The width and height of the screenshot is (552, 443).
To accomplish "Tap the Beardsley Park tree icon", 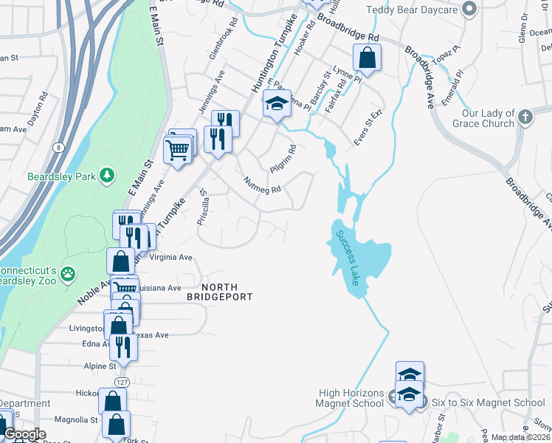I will point(108,174).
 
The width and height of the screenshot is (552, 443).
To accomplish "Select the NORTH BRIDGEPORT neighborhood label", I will point(219,291).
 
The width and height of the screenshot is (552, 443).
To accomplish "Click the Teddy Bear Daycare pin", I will point(467,10).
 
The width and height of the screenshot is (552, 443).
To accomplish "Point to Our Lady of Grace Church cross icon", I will point(525,117).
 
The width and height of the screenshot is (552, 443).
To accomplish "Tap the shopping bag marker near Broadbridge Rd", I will point(367,56).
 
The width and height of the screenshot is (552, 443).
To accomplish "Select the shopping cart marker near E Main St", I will point(177,151).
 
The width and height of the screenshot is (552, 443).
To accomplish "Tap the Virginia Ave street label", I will point(170,258).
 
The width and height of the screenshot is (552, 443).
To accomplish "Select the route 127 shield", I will point(122,382).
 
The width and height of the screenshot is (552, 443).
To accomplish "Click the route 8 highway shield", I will point(58,148).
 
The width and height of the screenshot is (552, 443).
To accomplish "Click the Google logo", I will point(25,434).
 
